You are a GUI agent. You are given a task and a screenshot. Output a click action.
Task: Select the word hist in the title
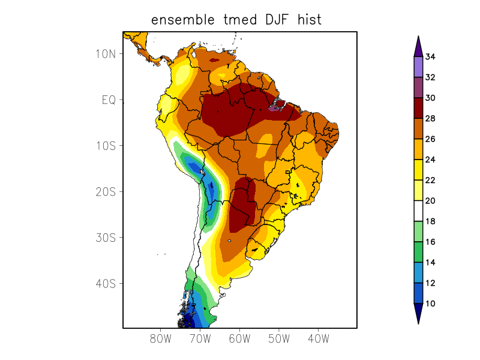(308, 20)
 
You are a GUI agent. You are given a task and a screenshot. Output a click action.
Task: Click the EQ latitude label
(108, 100)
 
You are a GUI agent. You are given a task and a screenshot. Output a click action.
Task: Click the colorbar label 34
(430, 57)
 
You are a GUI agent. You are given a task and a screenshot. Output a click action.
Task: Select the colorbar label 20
(430, 200)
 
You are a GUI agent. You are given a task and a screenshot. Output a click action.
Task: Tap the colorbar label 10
(430, 304)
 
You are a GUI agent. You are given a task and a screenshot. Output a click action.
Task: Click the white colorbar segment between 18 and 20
(418, 211)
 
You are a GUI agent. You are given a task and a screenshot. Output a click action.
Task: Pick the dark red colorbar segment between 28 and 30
(418, 108)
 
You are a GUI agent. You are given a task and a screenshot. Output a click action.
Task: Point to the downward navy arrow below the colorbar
(418, 313)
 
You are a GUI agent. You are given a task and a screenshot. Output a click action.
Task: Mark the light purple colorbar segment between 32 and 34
(418, 67)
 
